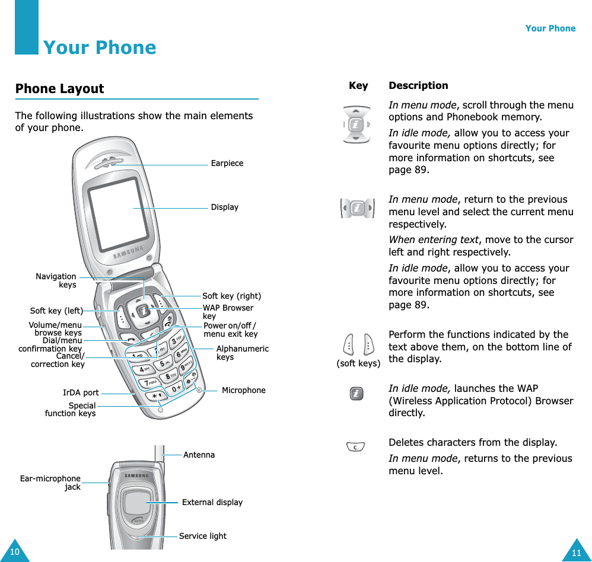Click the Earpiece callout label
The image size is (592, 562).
[227, 163]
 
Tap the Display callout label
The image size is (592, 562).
[225, 207]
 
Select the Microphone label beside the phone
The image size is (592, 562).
[243, 390]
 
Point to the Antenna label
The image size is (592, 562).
[199, 455]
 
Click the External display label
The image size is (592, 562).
[212, 502]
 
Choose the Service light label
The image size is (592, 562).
[202, 536]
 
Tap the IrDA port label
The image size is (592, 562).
[81, 392]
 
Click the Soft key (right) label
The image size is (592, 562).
[231, 296]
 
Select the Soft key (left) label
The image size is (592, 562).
[56, 311]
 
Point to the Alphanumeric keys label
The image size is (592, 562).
[242, 353]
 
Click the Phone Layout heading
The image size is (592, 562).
[59, 89]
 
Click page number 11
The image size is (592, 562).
[576, 553]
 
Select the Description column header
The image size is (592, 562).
[418, 85]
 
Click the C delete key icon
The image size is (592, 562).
[355, 446]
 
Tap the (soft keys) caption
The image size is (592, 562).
[358, 363]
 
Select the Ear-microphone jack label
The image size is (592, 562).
[50, 483]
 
